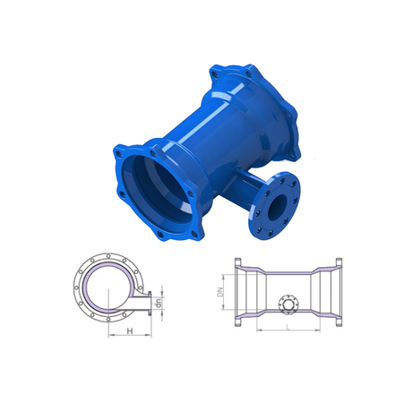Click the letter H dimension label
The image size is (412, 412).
130,330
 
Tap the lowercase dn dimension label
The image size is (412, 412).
159,303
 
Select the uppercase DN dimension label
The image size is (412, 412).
220,291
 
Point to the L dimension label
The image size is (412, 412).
288,327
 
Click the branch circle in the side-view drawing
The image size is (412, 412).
288,305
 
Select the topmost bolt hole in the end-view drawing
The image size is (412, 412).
108,255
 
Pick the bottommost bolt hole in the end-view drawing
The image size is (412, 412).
108,320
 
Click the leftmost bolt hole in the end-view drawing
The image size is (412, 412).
77,288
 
